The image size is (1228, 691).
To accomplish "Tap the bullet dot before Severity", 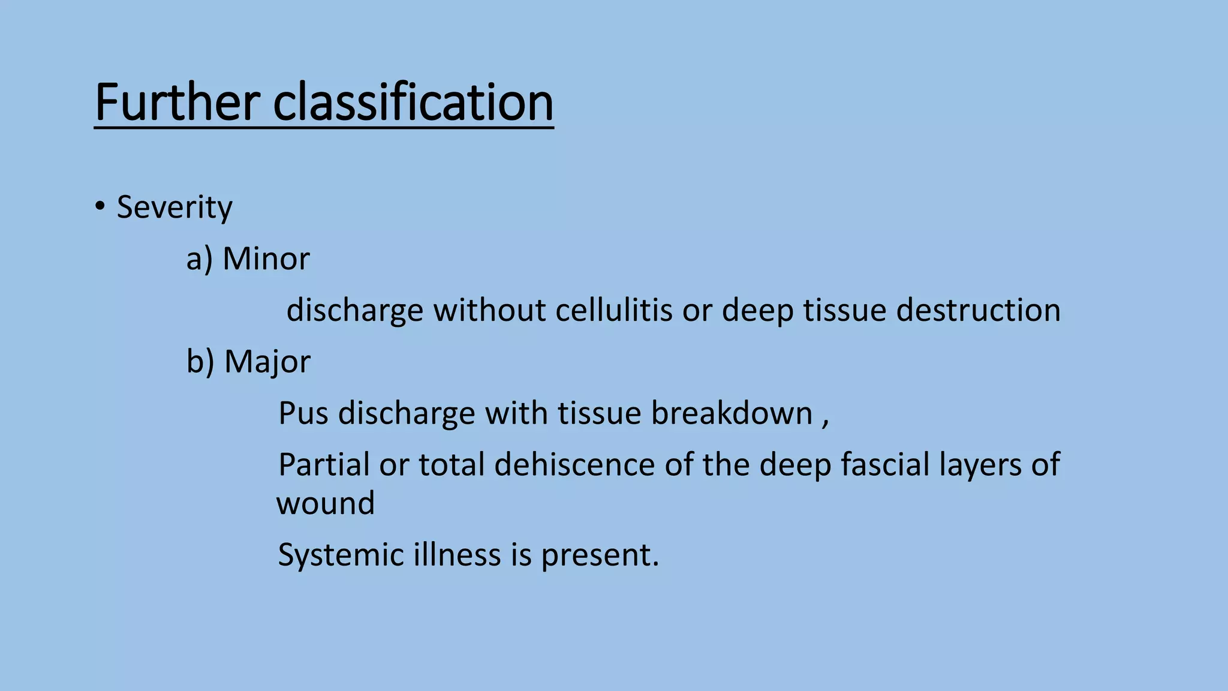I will (x=100, y=206).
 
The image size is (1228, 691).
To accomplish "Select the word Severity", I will (x=174, y=208).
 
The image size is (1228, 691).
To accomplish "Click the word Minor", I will (x=266, y=259).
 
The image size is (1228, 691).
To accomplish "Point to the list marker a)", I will (x=199, y=259).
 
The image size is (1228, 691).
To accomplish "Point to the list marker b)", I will (x=200, y=362).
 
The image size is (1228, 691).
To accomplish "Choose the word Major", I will (x=267, y=362).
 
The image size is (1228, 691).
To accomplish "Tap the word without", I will (x=489, y=310).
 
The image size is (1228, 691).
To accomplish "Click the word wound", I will (x=326, y=503).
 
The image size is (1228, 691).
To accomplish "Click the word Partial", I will (x=324, y=465).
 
